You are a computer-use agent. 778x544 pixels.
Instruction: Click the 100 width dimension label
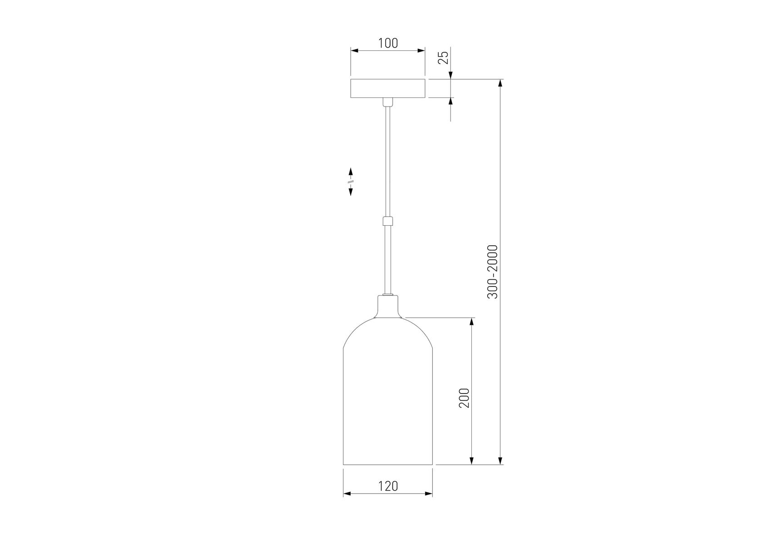[388, 43]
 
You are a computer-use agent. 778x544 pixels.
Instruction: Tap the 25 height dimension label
[443, 57]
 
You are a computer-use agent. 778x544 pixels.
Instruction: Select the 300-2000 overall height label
[493, 272]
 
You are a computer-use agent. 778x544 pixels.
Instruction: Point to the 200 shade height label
[464, 398]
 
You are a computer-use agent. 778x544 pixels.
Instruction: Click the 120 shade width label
[388, 486]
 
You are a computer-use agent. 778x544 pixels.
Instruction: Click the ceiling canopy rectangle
[388, 88]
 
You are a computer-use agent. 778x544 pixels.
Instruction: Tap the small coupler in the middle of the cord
[387, 222]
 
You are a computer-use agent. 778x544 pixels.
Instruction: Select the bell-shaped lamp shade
[388, 391]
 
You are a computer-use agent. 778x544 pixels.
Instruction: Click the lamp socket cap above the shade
[388, 306]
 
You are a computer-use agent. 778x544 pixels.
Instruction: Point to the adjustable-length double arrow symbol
[351, 181]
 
